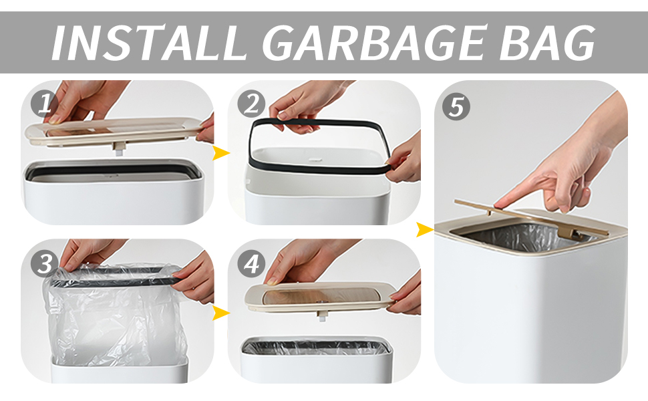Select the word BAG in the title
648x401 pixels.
point(548,43)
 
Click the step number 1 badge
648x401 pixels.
point(44,103)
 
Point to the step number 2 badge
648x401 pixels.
point(251,103)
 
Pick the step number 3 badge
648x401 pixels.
point(44,263)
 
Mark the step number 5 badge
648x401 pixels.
point(456,106)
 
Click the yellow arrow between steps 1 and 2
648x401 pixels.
point(221,153)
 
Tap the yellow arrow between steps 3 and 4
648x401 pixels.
point(221,313)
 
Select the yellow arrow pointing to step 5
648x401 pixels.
point(424,229)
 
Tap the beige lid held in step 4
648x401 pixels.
point(319,297)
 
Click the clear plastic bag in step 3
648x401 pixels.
point(116,318)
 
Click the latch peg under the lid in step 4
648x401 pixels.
point(322,316)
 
